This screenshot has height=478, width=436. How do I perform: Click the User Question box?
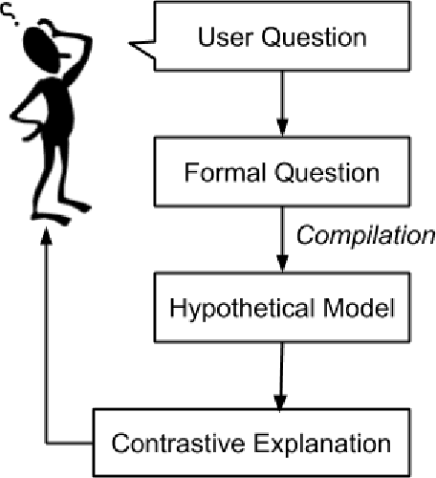pyautogui.click(x=281, y=39)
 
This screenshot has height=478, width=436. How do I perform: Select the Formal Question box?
pyautogui.click(x=281, y=174)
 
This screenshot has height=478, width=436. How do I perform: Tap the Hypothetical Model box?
pyautogui.click(x=281, y=310)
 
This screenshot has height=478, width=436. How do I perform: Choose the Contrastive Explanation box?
pyautogui.click(x=251, y=443)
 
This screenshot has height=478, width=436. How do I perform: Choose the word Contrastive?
pyautogui.click(x=170, y=444)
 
